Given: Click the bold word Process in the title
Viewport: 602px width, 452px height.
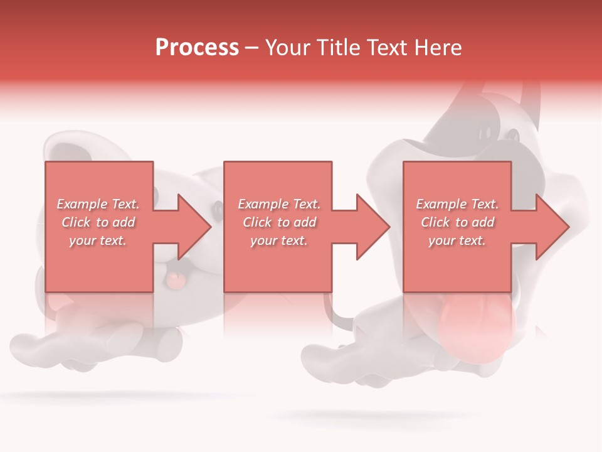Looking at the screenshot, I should click(197, 48).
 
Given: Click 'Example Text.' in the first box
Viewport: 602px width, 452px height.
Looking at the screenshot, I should click(98, 204).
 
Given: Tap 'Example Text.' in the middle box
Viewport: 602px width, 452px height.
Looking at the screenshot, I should click(279, 204).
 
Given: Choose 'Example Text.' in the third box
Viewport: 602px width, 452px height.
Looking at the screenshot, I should click(457, 204).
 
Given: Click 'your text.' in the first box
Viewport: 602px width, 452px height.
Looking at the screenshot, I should click(98, 240).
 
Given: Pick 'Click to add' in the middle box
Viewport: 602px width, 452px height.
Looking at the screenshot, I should click(279, 222).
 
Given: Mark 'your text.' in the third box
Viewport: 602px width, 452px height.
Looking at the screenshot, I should click(457, 240).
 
